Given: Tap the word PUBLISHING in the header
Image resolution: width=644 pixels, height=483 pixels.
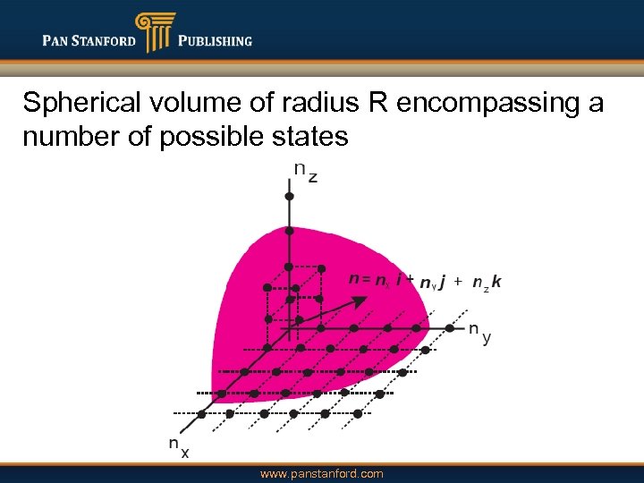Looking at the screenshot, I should click(215, 40).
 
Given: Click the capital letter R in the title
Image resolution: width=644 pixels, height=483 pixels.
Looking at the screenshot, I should click(375, 104).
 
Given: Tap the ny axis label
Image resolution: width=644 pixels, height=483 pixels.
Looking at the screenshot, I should click(479, 333).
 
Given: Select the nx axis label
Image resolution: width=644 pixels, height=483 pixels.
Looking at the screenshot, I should click(179, 446).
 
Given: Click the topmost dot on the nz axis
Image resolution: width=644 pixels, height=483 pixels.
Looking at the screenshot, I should click(289, 195).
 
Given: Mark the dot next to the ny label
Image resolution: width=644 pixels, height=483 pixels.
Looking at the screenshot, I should click(450, 328).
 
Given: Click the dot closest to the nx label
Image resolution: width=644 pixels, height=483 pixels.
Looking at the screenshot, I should click(201, 413).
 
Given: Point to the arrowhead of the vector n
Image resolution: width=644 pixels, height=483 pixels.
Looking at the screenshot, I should click(359, 302).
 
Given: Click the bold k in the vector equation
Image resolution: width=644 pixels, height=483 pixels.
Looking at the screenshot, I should click(496, 281).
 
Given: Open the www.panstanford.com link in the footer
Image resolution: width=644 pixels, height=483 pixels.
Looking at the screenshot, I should click(321, 473).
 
